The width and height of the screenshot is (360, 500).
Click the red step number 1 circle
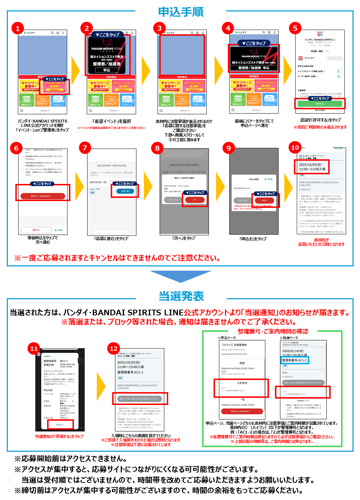point(17,28)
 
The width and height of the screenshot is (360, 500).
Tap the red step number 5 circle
point(295,28)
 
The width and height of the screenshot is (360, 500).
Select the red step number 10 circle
point(295,147)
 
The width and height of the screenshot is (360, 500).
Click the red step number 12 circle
point(114,348)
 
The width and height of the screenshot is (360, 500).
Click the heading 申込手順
point(181,12)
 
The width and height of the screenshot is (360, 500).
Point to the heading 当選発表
point(181,296)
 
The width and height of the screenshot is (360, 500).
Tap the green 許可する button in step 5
point(320,104)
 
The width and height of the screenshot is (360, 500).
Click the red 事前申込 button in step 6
point(42,196)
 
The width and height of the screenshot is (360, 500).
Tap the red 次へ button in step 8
point(195,200)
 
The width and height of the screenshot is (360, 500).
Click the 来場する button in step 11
point(60,425)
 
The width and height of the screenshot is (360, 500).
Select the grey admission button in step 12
point(140,399)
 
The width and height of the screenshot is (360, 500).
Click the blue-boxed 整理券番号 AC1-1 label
point(295,360)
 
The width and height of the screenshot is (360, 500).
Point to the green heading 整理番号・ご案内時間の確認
point(273,331)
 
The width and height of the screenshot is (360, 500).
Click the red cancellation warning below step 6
point(117,258)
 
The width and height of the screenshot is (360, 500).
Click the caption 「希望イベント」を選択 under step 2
point(111,121)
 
